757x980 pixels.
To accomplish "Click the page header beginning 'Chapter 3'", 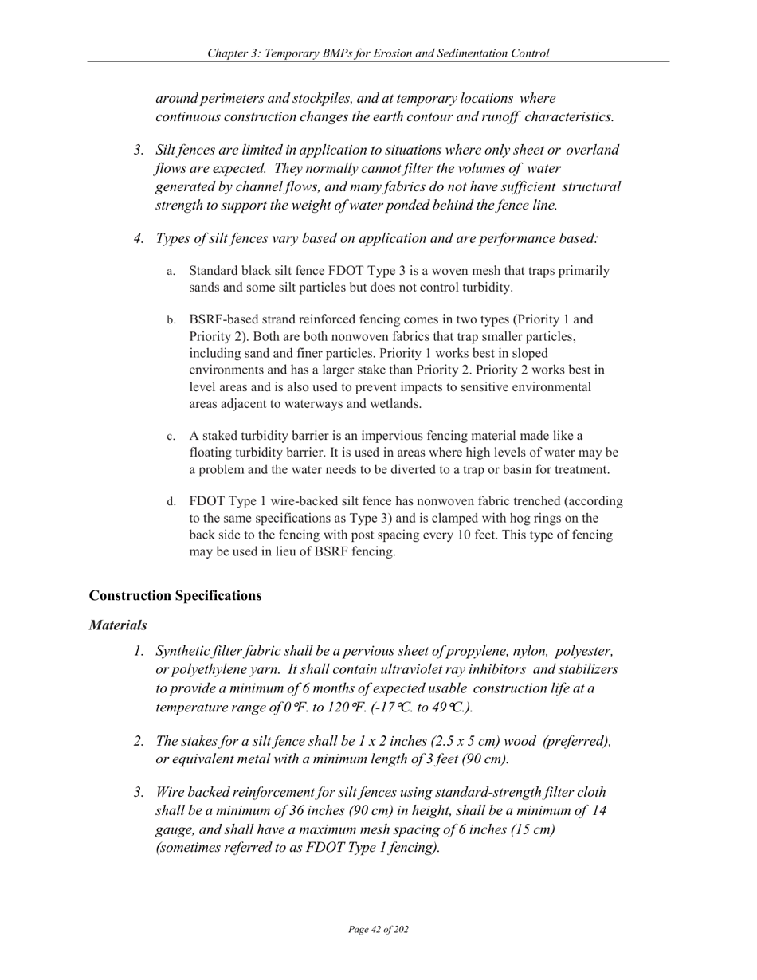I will [378, 53].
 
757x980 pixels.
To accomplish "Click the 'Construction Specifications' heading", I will [175, 596].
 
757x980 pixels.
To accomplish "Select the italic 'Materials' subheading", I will [118, 626].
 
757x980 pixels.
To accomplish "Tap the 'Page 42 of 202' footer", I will [378, 930].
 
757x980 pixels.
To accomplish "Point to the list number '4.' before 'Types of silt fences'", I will [139, 238].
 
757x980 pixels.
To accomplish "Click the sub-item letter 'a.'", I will [171, 272].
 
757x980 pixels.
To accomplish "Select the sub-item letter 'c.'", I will [171, 437].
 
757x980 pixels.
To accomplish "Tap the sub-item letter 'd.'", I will [171, 503].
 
